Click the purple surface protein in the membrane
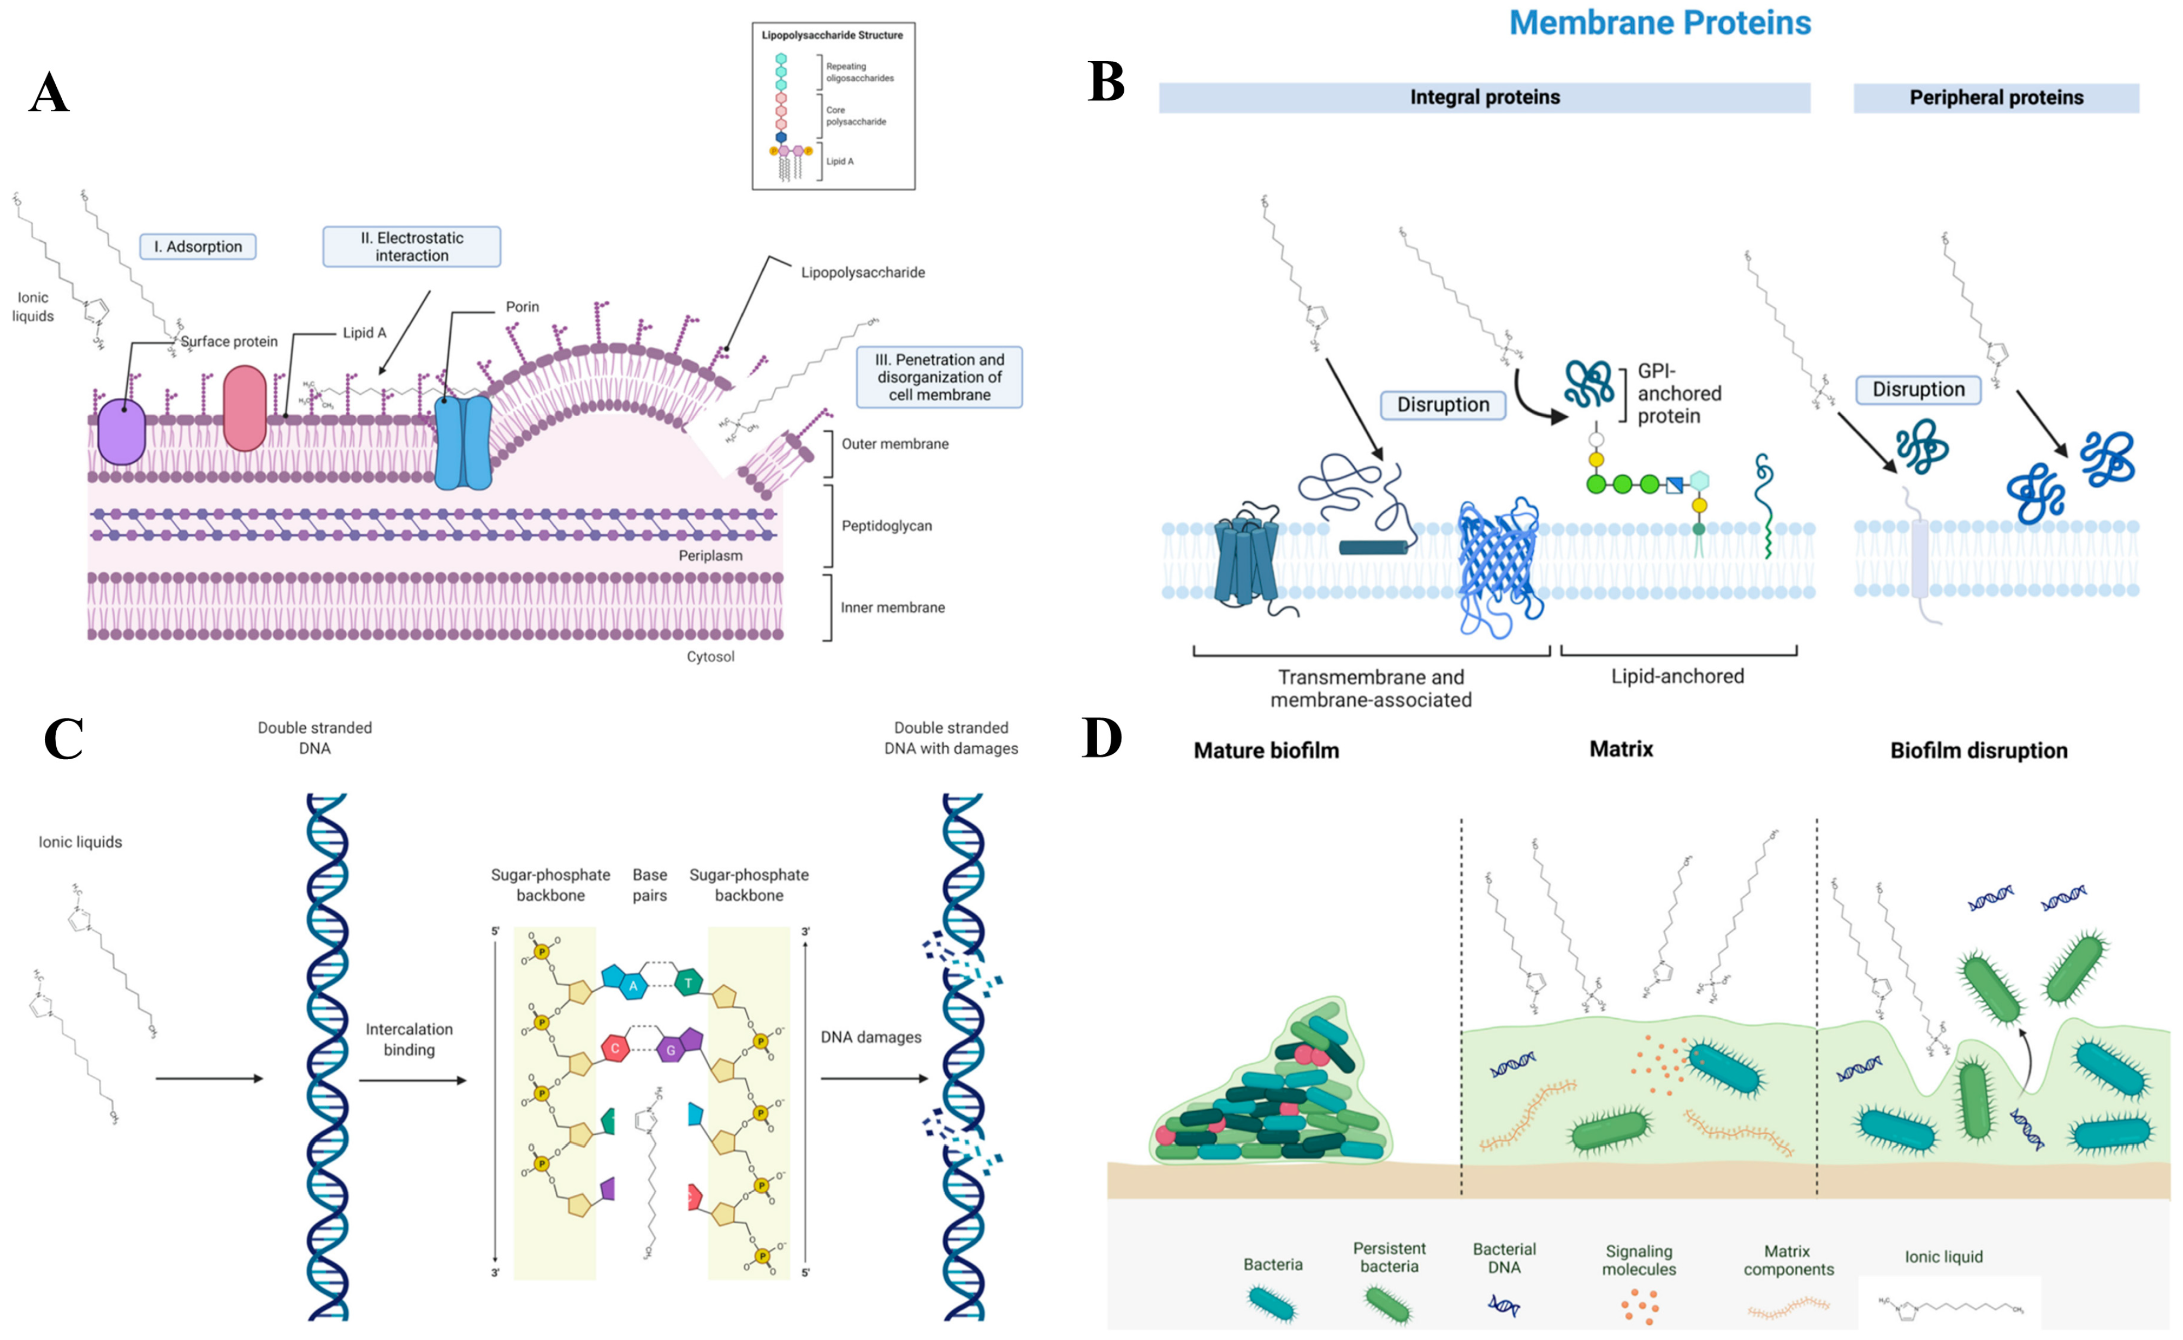(121, 432)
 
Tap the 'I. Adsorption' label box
(198, 246)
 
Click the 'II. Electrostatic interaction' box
(411, 246)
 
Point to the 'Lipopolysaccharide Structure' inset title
(832, 35)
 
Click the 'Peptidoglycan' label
(886, 526)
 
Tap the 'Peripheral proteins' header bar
(1995, 98)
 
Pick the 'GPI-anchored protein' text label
(1678, 394)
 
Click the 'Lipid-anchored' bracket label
(1677, 676)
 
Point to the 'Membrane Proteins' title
(1659, 23)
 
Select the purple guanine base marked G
(671, 1050)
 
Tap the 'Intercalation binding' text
(408, 1039)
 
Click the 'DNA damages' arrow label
(870, 1037)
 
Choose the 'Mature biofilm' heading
(1266, 751)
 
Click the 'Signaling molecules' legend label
(1639, 1259)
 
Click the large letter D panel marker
(1102, 739)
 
